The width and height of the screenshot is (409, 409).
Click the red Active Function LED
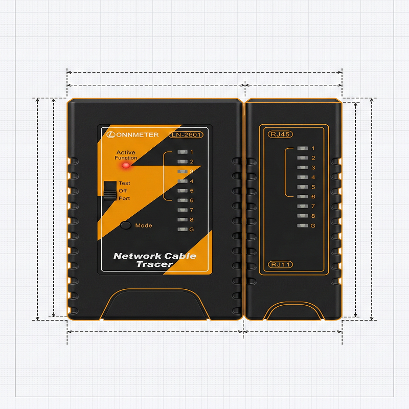(x=126, y=165)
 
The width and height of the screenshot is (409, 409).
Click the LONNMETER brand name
(x=135, y=135)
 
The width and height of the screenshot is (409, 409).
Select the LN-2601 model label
(x=186, y=135)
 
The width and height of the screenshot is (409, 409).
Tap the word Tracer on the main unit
(x=154, y=264)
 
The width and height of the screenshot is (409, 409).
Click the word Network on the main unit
(x=138, y=256)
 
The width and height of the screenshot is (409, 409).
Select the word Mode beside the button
(x=144, y=225)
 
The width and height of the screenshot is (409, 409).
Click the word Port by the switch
(x=124, y=198)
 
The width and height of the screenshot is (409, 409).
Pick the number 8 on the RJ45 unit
(x=313, y=216)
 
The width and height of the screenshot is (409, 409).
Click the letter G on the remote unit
(x=313, y=226)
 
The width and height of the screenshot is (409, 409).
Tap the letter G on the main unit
(x=192, y=230)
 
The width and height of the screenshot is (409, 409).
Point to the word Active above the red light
(x=126, y=152)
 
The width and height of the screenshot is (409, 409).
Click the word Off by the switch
(x=123, y=191)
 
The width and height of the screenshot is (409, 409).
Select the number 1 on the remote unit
(x=313, y=148)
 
